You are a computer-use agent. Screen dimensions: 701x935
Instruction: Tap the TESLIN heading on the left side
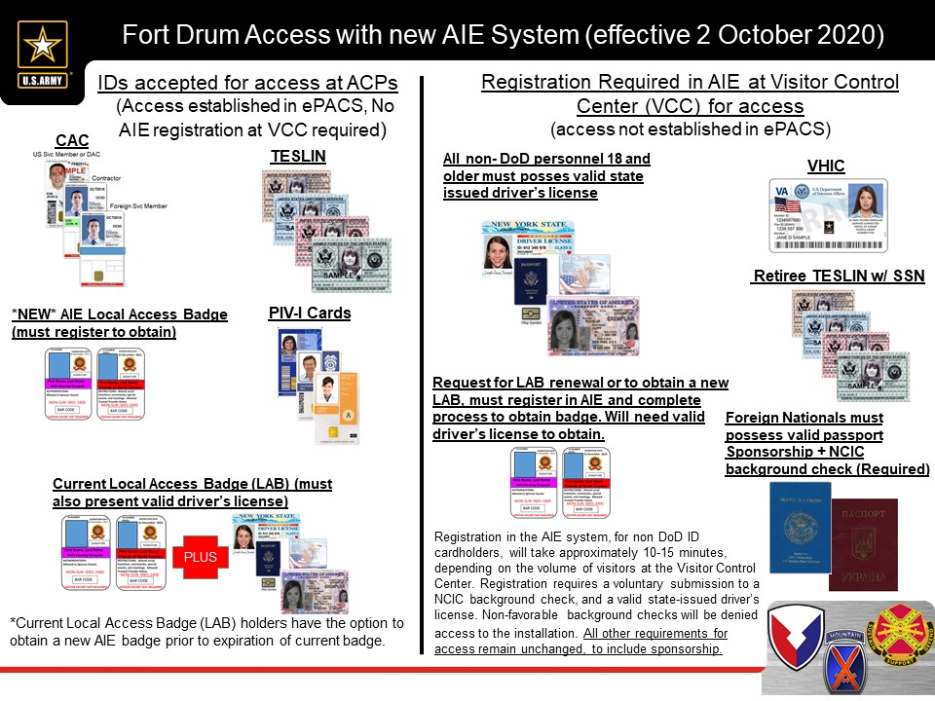point(297,156)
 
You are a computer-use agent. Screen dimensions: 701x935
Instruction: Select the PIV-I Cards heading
point(309,314)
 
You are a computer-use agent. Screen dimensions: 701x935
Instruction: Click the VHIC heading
point(826,166)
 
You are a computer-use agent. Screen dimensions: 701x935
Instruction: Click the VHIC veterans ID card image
point(827,215)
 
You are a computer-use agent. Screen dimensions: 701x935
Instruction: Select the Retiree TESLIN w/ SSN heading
point(838,277)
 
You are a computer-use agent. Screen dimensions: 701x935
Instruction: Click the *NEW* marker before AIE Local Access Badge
point(35,314)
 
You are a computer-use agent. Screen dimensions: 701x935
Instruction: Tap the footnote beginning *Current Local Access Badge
point(206,631)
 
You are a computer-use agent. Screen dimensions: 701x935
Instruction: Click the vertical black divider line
point(421,370)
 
